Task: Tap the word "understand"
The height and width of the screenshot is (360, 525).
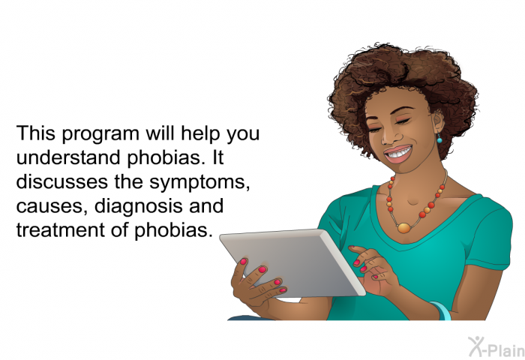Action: [x=69, y=157]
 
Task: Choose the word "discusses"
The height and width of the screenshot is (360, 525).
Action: [x=62, y=181]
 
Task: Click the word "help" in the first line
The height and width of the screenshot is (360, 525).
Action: [x=201, y=134]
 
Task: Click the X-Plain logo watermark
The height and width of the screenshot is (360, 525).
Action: [x=496, y=347]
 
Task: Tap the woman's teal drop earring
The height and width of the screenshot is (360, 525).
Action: [x=439, y=139]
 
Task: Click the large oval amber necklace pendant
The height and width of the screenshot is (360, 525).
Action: [x=404, y=228]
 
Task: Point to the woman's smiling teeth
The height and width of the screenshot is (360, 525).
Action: [x=398, y=153]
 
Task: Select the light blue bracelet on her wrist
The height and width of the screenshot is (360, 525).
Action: [x=441, y=310]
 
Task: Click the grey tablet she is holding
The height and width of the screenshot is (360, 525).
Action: [x=292, y=263]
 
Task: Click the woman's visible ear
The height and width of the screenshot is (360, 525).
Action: [x=438, y=121]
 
